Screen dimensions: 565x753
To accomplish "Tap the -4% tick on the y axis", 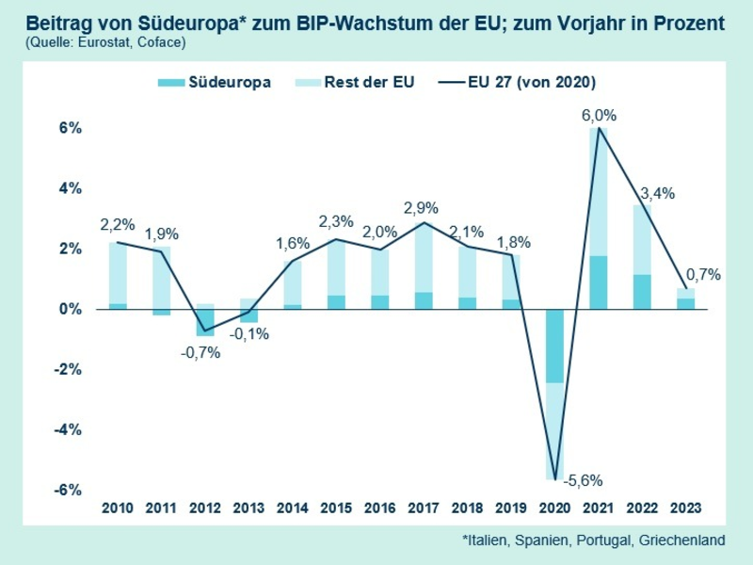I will [71, 430].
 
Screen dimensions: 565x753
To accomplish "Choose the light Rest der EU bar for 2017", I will [424, 258].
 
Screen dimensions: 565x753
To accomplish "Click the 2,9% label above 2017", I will [424, 208].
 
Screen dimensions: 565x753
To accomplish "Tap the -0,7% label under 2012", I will [200, 352].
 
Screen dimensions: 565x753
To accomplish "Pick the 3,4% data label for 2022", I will [658, 193].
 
